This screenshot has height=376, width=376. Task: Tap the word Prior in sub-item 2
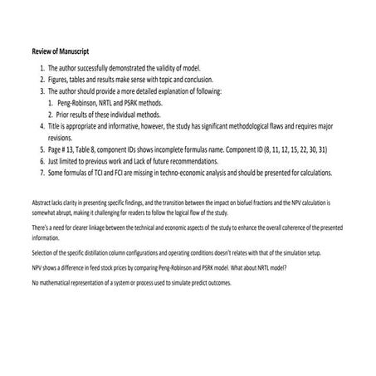click(66, 115)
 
